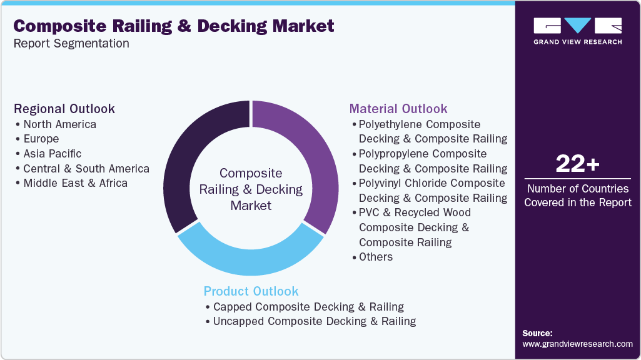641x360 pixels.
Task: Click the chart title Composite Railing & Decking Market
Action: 174,26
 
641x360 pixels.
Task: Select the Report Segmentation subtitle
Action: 71,44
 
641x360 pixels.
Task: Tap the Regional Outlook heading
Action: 64,109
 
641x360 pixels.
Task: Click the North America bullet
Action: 59,124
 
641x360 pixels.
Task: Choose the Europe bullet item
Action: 41,139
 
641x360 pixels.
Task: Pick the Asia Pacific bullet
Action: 52,154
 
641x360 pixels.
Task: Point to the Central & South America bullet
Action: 86,169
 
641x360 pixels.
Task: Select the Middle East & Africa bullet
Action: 75,183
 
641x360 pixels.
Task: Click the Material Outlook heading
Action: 398,109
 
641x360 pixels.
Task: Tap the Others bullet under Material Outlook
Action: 376,257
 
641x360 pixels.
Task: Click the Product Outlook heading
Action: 251,291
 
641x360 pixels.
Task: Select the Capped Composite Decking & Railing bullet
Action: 308,307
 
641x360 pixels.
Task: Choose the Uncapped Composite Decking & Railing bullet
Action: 314,321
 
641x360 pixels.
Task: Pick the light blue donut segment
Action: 250,256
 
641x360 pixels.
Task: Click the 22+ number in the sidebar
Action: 577,165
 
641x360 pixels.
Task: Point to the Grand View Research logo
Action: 577,31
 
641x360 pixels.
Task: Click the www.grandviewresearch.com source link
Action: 577,344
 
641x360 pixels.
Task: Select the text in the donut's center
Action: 251,189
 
